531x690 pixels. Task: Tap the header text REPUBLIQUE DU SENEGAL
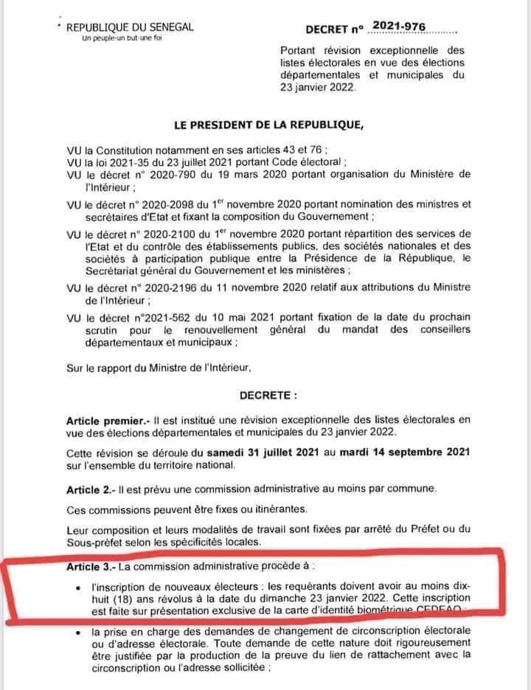[x=131, y=27]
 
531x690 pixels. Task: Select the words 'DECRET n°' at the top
[x=335, y=29]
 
